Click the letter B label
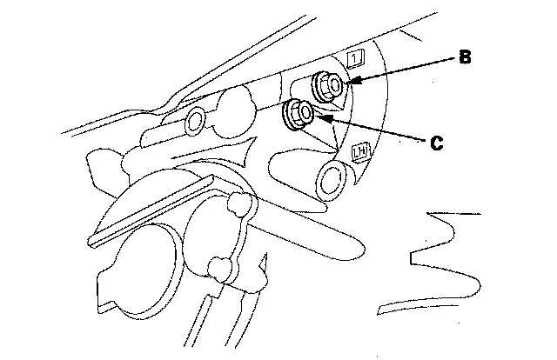(x=466, y=58)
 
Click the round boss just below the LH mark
(x=333, y=181)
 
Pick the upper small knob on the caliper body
(x=237, y=205)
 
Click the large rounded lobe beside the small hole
(x=231, y=108)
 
